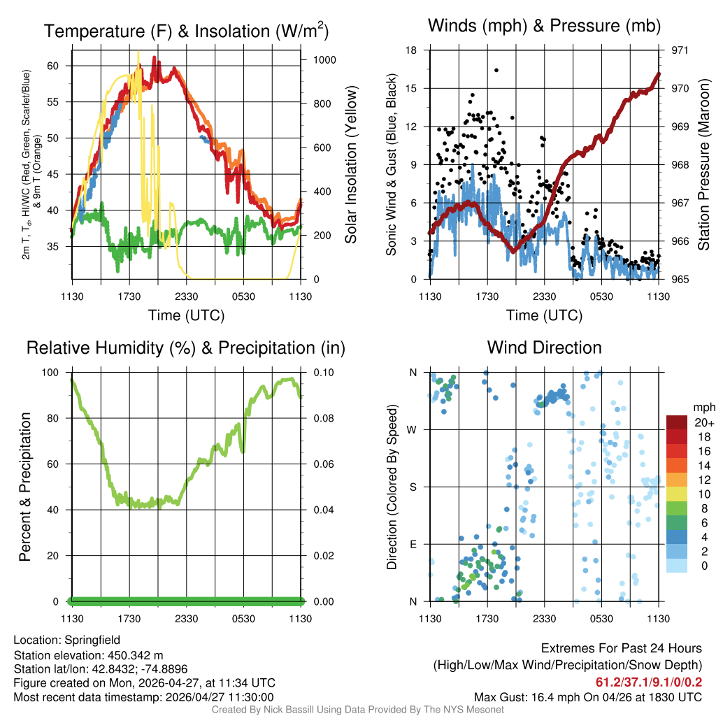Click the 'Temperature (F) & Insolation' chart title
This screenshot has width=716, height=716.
click(x=186, y=31)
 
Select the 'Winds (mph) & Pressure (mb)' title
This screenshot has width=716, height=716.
click(x=545, y=26)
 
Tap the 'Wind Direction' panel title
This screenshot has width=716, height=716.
click(x=545, y=348)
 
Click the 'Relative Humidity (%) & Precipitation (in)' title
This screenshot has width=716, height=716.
click(x=186, y=348)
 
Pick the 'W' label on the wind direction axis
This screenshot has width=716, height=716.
click(x=413, y=429)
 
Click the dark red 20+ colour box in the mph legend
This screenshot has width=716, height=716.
click(x=678, y=422)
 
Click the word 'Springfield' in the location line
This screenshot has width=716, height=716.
click(x=92, y=640)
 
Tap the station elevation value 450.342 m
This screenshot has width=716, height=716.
click(x=134, y=655)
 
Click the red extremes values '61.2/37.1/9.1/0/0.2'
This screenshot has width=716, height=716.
click(x=648, y=682)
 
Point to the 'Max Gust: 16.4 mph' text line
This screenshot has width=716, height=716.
click(x=587, y=697)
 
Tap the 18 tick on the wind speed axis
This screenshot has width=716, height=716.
click(x=412, y=50)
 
